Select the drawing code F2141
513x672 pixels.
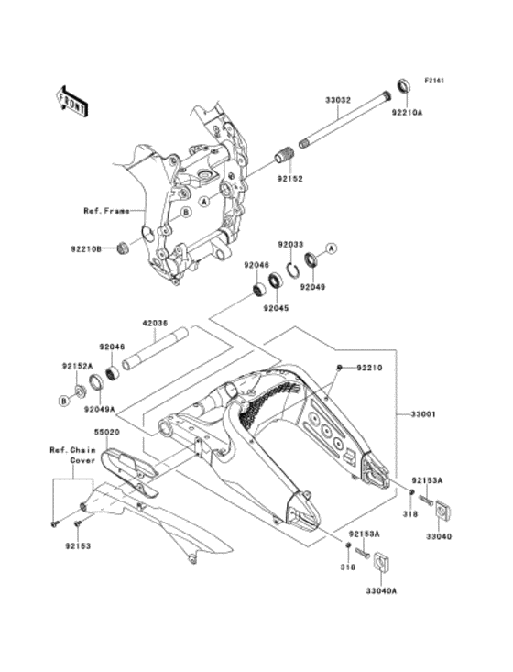coord(432,82)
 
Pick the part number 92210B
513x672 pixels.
coord(87,247)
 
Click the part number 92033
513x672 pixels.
coord(291,245)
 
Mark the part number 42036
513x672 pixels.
coord(153,323)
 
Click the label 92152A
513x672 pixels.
coord(79,365)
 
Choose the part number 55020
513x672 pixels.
coord(106,429)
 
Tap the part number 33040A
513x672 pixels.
coord(381,591)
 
